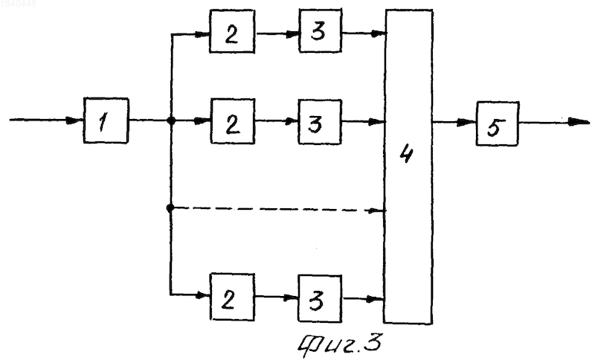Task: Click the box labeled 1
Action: [x=106, y=120]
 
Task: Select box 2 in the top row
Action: [x=232, y=31]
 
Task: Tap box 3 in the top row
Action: [x=321, y=30]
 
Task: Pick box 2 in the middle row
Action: [x=233, y=121]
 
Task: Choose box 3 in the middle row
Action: [x=320, y=122]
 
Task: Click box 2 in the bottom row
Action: [x=232, y=297]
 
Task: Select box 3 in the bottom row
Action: [x=320, y=298]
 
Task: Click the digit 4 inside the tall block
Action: [x=406, y=153]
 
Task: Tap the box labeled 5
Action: [x=498, y=123]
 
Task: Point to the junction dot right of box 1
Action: [x=171, y=121]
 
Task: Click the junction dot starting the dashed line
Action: [x=170, y=208]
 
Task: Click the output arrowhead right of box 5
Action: [x=579, y=122]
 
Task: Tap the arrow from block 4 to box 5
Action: [x=454, y=122]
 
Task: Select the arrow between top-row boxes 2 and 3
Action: [x=277, y=33]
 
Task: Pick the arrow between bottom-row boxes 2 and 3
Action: [x=277, y=298]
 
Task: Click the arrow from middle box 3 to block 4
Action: [x=364, y=122]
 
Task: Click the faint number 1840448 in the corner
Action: [x=18, y=4]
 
